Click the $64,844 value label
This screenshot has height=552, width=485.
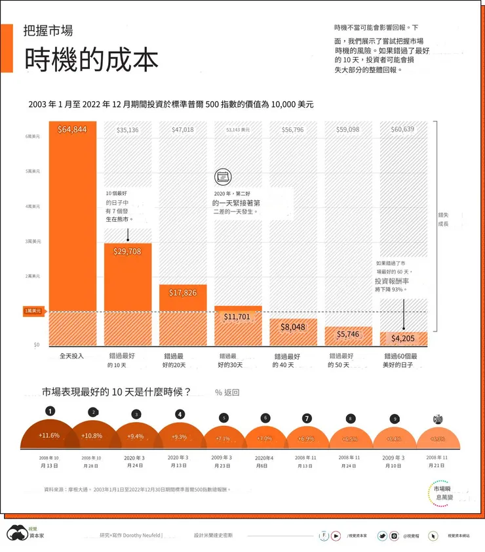coord(72,130)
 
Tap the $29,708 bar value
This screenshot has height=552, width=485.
coord(127,251)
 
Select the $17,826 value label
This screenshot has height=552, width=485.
coord(183,293)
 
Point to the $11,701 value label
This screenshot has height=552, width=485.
coord(237,317)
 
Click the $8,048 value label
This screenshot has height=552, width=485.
coord(293,327)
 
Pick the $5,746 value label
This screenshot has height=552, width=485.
coord(348,334)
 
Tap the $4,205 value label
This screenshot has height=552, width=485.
coord(403,339)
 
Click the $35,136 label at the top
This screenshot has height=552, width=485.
coord(127,130)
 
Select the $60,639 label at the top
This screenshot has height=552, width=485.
coord(402,129)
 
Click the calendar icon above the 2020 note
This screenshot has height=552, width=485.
coord(223,176)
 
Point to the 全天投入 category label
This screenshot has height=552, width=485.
coord(72,356)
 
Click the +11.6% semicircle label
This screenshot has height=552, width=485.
coord(49,435)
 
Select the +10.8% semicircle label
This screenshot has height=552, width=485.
coord(92,436)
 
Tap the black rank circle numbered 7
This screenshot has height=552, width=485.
coord(307,418)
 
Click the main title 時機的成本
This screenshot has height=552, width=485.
coord(91,60)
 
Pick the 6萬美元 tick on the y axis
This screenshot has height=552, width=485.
coord(33,137)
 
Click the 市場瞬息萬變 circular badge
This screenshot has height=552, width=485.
coord(448,493)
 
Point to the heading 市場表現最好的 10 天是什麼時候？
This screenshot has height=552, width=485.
coord(116,392)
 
